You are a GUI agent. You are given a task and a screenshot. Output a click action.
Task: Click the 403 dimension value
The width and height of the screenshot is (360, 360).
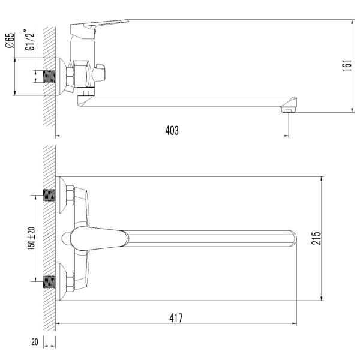(x=172, y=130)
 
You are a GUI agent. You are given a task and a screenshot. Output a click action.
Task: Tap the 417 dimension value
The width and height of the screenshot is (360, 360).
(x=176, y=318)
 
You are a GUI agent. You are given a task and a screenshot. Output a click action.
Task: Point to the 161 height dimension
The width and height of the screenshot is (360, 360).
(x=347, y=65)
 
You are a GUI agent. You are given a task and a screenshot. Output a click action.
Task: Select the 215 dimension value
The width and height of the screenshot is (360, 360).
(x=316, y=238)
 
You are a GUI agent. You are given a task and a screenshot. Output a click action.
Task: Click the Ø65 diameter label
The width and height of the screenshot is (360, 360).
(x=10, y=40)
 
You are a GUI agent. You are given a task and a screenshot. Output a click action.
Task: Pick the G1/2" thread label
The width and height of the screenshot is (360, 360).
(x=30, y=40)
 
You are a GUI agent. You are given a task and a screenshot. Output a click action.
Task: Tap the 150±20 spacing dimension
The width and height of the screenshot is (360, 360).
(x=31, y=239)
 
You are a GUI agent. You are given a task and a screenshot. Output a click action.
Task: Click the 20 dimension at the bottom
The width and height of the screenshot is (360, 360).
(x=34, y=342)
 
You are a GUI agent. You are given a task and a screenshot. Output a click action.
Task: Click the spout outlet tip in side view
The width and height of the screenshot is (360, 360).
(x=289, y=110)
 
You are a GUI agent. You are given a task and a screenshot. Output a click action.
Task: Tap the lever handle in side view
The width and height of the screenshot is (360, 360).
(x=99, y=26)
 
